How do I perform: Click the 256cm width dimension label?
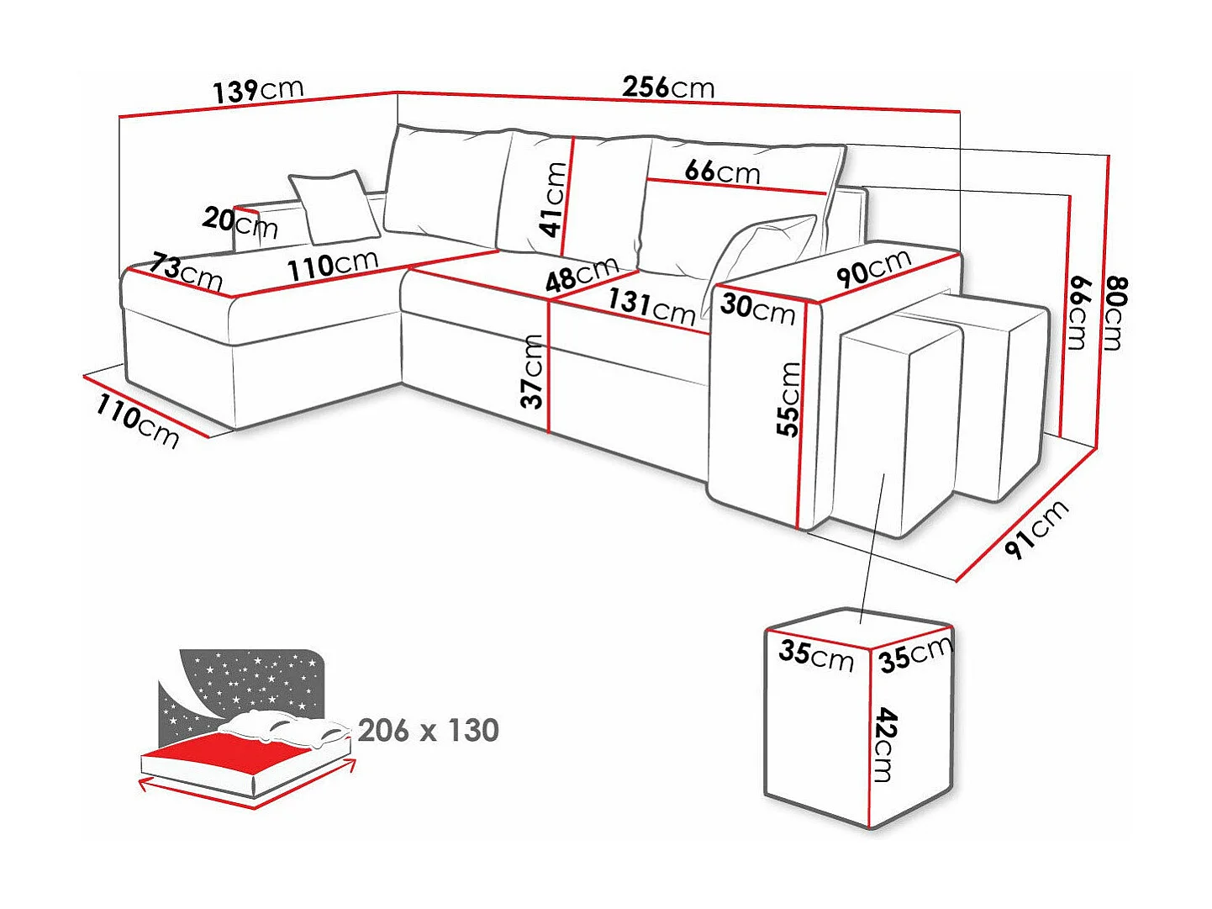pos(668,87)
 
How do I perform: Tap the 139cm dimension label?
pos(257,89)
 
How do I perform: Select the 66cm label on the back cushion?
pos(722,171)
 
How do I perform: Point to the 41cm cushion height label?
pos(553,199)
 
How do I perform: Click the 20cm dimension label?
pos(240,222)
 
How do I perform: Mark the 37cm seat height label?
pos(531,371)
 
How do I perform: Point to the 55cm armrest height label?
pos(788,399)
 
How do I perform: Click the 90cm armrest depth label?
pos(873,268)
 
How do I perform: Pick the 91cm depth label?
pos(1036,528)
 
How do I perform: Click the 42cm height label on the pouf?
pos(885,744)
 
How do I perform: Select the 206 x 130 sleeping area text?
pos(429,730)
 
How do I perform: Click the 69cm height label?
pos(1078,312)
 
